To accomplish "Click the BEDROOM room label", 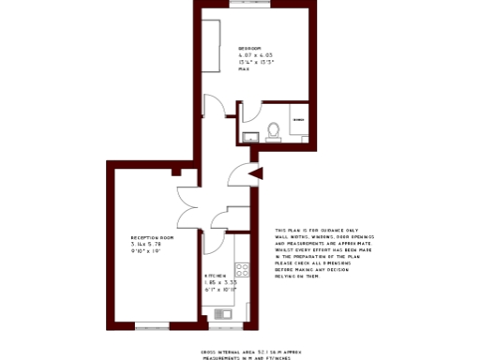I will click(x=249, y=48).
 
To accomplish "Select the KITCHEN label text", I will click(x=216, y=276).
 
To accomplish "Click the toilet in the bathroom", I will click(x=274, y=131).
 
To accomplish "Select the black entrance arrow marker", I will click(x=256, y=172).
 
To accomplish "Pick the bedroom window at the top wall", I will click(x=255, y=5).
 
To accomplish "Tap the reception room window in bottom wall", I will click(x=152, y=326).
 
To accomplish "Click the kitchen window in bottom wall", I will click(x=225, y=326).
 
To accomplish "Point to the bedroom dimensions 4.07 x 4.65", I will click(x=255, y=55).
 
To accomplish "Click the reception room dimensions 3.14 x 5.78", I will click(x=147, y=245).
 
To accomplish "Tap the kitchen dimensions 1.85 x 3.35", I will click(x=220, y=282).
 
